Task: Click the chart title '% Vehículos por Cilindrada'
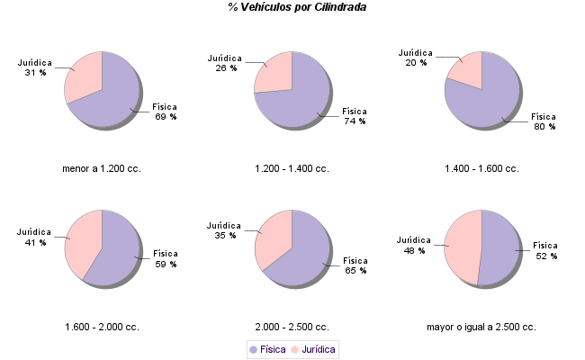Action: pyautogui.click(x=297, y=7)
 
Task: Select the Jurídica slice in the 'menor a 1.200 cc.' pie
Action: pyautogui.click(x=83, y=76)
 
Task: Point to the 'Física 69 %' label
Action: pyautogui.click(x=165, y=112)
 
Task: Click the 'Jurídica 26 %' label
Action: pyautogui.click(x=225, y=62)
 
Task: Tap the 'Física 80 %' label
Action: pyautogui.click(x=544, y=121)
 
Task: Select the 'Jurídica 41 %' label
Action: pyautogui.click(x=35, y=237)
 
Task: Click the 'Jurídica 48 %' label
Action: pyautogui.click(x=414, y=245)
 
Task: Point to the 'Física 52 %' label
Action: pyautogui.click(x=545, y=250)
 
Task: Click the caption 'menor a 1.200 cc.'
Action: pyautogui.click(x=102, y=168)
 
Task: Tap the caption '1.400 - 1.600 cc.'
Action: pyautogui.click(x=481, y=168)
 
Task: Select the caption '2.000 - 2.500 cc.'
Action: pyautogui.click(x=292, y=327)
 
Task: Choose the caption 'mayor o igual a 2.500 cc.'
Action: pyautogui.click(x=481, y=327)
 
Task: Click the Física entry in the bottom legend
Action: pyautogui.click(x=267, y=348)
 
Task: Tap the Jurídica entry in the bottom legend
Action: pyautogui.click(x=312, y=348)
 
